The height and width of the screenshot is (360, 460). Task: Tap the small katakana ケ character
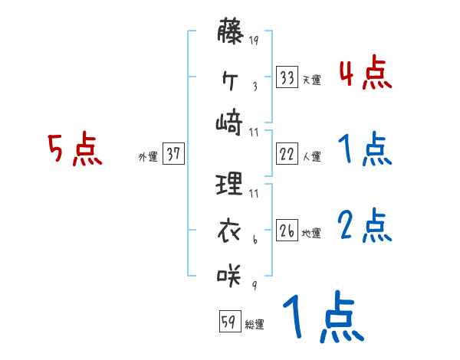click(x=230, y=77)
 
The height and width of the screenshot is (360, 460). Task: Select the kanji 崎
click(x=230, y=121)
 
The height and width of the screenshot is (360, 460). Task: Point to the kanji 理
click(x=230, y=184)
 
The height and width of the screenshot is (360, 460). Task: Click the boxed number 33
click(x=287, y=77)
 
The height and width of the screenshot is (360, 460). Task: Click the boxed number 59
click(x=229, y=322)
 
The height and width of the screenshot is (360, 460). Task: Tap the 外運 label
click(x=148, y=156)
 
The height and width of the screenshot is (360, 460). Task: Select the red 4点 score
click(x=364, y=74)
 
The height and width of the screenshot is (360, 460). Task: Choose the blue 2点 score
click(x=364, y=227)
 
